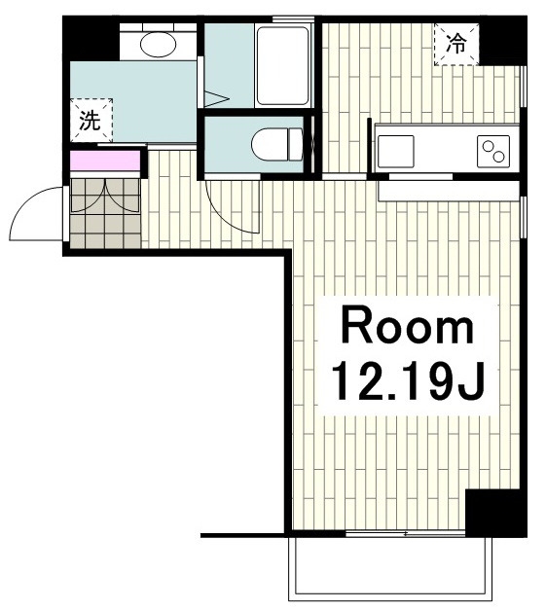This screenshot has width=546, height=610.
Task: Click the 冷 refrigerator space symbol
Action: coord(456,44)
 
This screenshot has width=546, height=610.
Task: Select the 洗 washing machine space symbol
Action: coord(91,120)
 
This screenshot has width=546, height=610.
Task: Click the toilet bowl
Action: coord(271,144)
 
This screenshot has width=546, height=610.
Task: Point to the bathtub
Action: coord(282,65)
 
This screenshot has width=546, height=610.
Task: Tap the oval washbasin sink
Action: coord(158,44)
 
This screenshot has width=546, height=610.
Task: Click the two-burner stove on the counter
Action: coord(493,152)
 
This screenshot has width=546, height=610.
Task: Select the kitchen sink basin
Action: coord(396,152)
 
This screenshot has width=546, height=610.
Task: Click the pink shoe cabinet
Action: coord(105,161)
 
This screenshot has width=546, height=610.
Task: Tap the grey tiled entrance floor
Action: coord(105,213)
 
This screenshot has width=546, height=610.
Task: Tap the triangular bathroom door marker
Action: coord(215,99)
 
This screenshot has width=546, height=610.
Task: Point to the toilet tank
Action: coord(296,144)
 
